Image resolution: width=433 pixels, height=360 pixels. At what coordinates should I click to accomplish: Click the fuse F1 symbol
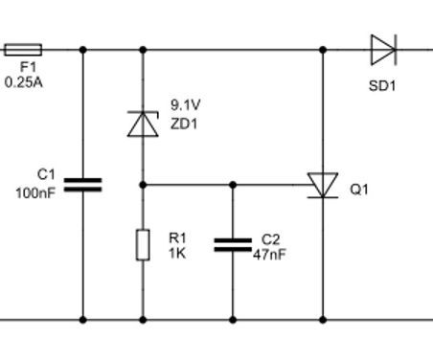(x=23, y=48)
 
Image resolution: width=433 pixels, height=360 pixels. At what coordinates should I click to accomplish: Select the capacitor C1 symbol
(x=82, y=183)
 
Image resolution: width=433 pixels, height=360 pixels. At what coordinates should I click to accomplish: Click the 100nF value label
(x=35, y=193)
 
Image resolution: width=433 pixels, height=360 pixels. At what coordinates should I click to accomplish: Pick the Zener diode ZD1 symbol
(x=142, y=123)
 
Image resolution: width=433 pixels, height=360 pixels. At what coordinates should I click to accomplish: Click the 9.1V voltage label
(x=187, y=103)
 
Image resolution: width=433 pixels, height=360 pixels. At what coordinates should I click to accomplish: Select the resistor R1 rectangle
(x=142, y=244)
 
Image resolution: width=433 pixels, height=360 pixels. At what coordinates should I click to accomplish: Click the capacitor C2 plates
(x=233, y=245)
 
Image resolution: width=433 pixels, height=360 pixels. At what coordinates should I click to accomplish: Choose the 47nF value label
(x=270, y=255)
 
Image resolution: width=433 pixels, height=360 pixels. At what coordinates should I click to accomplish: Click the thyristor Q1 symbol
(x=322, y=185)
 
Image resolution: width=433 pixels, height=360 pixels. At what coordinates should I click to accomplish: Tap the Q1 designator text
(x=358, y=190)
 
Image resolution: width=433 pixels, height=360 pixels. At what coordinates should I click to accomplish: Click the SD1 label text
(x=381, y=85)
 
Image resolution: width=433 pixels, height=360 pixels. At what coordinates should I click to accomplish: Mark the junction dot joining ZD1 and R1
(x=142, y=183)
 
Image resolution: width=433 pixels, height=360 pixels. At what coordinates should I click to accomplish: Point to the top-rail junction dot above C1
(x=82, y=48)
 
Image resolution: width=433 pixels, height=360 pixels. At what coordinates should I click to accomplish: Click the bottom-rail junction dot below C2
(x=233, y=319)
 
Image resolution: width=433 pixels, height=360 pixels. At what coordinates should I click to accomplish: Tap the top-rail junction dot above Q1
(x=322, y=48)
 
